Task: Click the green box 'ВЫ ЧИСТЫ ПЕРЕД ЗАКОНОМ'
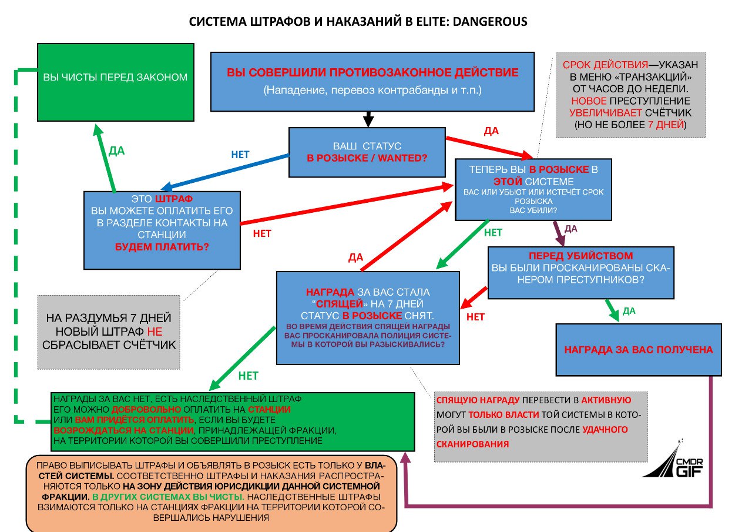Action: coord(115,82)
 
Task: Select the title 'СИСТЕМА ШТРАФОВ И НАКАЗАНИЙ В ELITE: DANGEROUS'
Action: coord(358,22)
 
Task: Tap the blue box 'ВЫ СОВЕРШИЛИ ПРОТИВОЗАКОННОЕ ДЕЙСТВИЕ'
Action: coord(372,81)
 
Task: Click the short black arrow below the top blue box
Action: coord(368,119)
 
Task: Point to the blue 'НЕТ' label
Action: coord(240,155)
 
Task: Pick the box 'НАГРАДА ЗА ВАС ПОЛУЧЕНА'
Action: coord(639,349)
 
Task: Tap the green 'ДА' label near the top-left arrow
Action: coord(117,150)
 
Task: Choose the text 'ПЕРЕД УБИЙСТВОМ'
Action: coord(580,256)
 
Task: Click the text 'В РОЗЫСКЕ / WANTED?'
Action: coord(367,158)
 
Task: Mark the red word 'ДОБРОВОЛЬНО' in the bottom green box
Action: coord(140,409)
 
